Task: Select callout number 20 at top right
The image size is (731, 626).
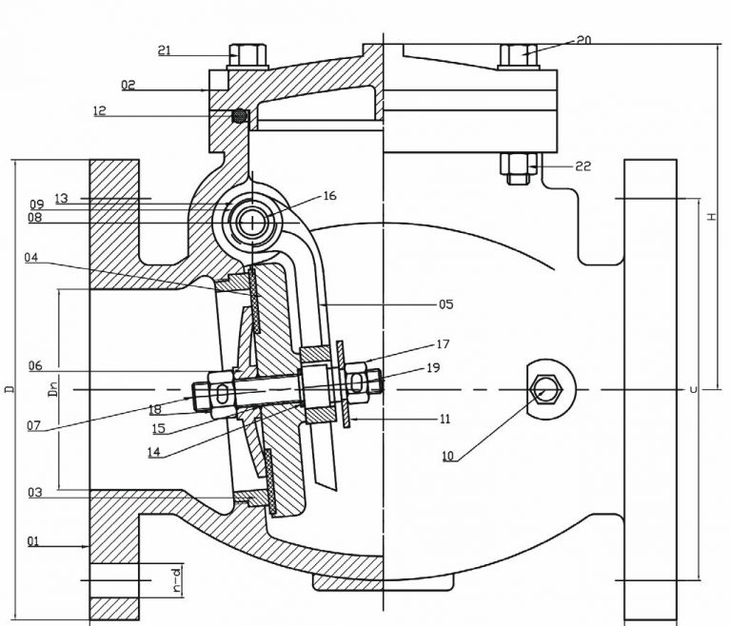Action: pos(583,41)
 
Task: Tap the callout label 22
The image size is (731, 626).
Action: pos(583,166)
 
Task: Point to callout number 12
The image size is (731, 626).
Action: pos(128,110)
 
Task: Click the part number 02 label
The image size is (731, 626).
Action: pos(128,85)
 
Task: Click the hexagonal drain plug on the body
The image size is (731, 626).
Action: pos(544,390)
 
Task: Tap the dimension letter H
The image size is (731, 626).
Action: pos(711,217)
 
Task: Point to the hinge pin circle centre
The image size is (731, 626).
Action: pos(252,223)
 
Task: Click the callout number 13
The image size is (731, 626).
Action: pos(62,198)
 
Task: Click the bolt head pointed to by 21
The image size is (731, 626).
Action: pos(247,52)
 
